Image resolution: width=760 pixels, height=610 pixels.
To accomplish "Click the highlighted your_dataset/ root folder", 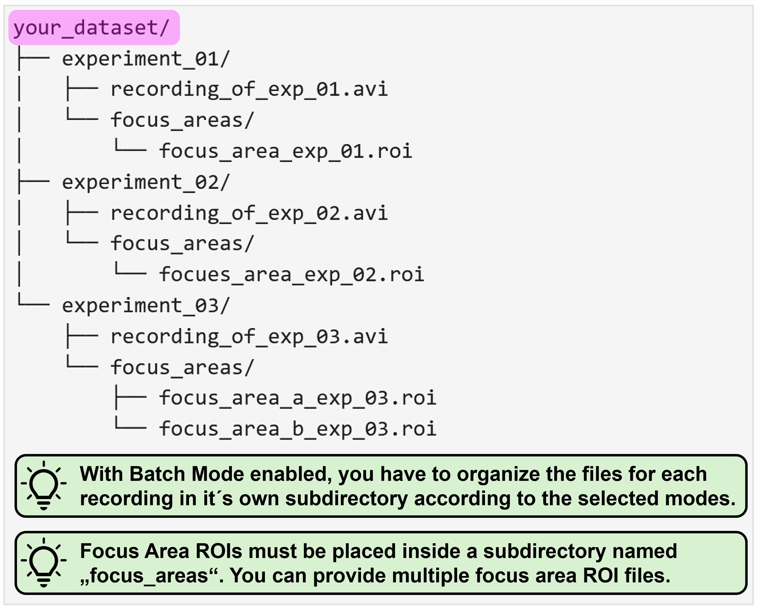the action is pyautogui.click(x=94, y=28).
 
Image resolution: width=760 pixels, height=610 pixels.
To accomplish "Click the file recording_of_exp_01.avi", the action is pyautogui.click(x=249, y=89).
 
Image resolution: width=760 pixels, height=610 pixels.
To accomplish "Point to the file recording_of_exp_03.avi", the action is pyautogui.click(x=249, y=337).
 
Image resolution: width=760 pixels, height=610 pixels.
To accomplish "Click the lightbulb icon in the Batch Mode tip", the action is pyautogui.click(x=44, y=485).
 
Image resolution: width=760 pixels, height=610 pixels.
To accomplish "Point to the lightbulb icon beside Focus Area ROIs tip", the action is pyautogui.click(x=44, y=562).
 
